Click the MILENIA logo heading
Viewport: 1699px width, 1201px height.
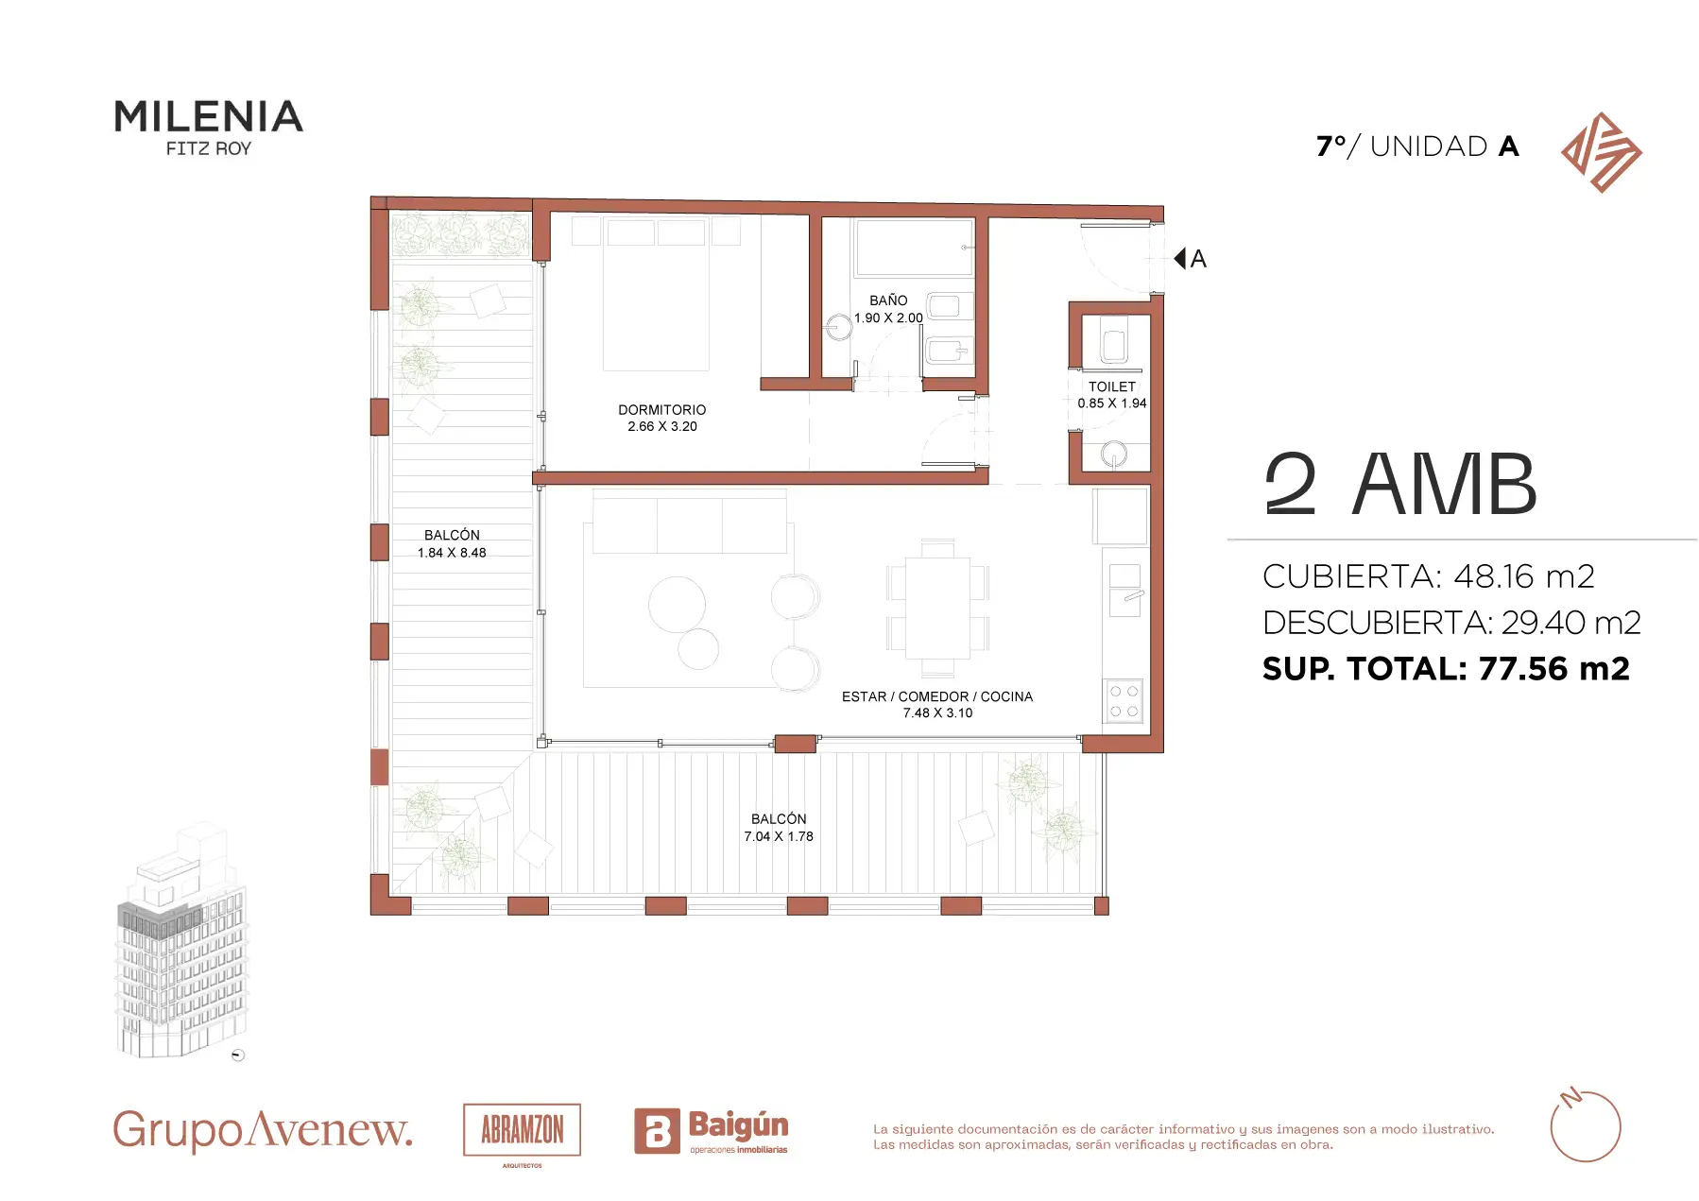tap(208, 116)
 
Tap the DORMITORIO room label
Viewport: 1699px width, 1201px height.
tap(662, 410)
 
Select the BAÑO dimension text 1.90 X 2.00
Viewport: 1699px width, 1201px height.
tap(888, 318)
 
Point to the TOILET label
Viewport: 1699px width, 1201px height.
tap(1112, 386)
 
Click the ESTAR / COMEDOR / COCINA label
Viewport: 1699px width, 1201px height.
tap(937, 696)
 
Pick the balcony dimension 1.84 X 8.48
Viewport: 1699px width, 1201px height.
tap(452, 553)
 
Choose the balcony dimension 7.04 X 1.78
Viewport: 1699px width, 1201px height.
tap(779, 836)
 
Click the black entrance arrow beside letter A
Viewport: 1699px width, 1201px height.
tap(1179, 258)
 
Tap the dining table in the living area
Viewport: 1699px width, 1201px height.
tap(937, 608)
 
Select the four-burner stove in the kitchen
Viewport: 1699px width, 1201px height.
tap(1124, 701)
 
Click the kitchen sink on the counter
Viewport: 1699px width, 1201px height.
tap(1124, 590)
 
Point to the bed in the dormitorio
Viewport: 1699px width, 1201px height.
tap(656, 294)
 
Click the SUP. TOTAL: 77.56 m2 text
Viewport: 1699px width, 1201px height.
tap(1446, 669)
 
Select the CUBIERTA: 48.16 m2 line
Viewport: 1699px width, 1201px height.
tap(1429, 576)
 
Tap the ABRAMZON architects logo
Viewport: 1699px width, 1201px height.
tap(523, 1131)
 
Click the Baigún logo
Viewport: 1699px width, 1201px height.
tap(711, 1131)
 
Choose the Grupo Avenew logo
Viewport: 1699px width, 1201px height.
tap(263, 1130)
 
